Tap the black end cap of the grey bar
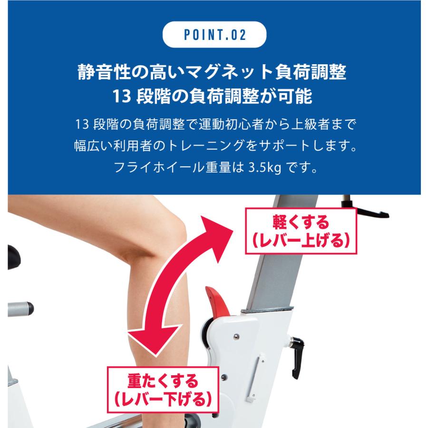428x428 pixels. (30, 310)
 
